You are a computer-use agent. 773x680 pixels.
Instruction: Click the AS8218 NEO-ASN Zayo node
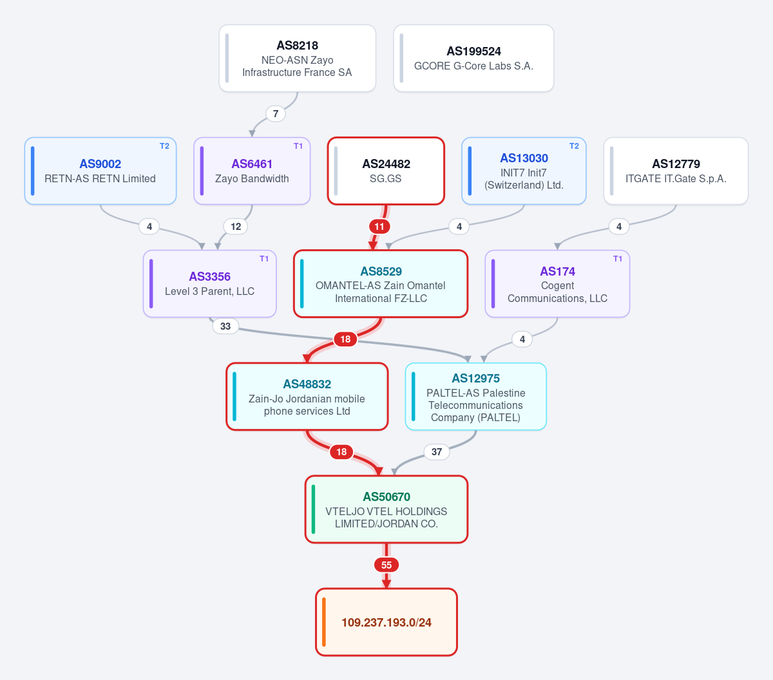(297, 58)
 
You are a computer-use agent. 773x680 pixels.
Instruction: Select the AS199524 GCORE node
(473, 58)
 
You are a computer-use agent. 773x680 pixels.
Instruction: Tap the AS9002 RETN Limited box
(100, 171)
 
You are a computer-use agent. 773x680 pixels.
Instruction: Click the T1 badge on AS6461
(298, 146)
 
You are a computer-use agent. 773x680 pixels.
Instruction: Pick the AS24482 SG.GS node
(386, 171)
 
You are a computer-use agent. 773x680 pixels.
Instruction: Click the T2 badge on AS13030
(574, 146)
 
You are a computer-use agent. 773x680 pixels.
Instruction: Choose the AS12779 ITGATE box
(676, 171)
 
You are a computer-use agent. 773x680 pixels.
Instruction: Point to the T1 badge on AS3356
(264, 259)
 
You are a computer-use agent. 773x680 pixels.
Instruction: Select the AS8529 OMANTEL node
(381, 284)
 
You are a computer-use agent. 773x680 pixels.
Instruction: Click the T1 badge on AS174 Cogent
(618, 259)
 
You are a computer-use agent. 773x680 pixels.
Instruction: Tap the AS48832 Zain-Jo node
(307, 397)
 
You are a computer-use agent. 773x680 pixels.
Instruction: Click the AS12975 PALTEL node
(476, 397)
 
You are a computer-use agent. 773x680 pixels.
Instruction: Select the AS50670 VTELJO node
(386, 509)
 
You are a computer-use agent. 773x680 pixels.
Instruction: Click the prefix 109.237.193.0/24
(386, 622)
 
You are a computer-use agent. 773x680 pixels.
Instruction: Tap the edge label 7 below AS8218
(276, 113)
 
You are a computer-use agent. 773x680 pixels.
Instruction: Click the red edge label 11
(379, 227)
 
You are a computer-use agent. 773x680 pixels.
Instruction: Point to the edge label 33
(225, 326)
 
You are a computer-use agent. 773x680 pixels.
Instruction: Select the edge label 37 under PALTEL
(437, 452)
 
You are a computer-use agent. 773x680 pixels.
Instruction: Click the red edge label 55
(386, 565)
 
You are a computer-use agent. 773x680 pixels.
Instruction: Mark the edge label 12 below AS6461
(236, 227)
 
